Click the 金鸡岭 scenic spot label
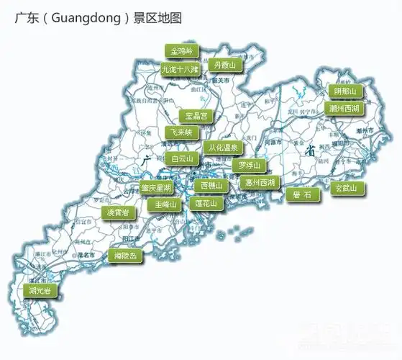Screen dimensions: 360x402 [x=181, y=52]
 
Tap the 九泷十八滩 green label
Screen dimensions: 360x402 [x=180, y=70]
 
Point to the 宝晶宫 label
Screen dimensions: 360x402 [x=196, y=115]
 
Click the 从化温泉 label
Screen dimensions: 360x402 [x=224, y=148]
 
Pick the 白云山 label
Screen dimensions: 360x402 [x=182, y=158]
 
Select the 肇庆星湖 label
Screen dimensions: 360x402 [x=156, y=188]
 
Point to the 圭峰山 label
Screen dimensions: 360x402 [x=161, y=204]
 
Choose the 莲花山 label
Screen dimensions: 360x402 [x=209, y=204]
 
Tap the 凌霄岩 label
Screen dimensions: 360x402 [x=119, y=213]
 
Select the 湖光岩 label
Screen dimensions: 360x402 [x=40, y=291]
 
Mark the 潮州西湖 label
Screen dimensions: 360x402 [x=344, y=109]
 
